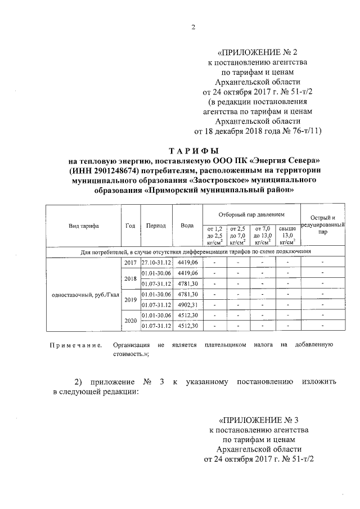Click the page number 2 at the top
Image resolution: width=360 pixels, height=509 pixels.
192,28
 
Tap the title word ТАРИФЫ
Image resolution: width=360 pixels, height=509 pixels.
191,151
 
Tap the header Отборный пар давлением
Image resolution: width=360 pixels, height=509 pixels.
251,215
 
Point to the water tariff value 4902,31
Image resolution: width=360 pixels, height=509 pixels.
187,304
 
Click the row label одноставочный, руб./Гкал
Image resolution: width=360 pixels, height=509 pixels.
84,294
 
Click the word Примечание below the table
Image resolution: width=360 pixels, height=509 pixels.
75,344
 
